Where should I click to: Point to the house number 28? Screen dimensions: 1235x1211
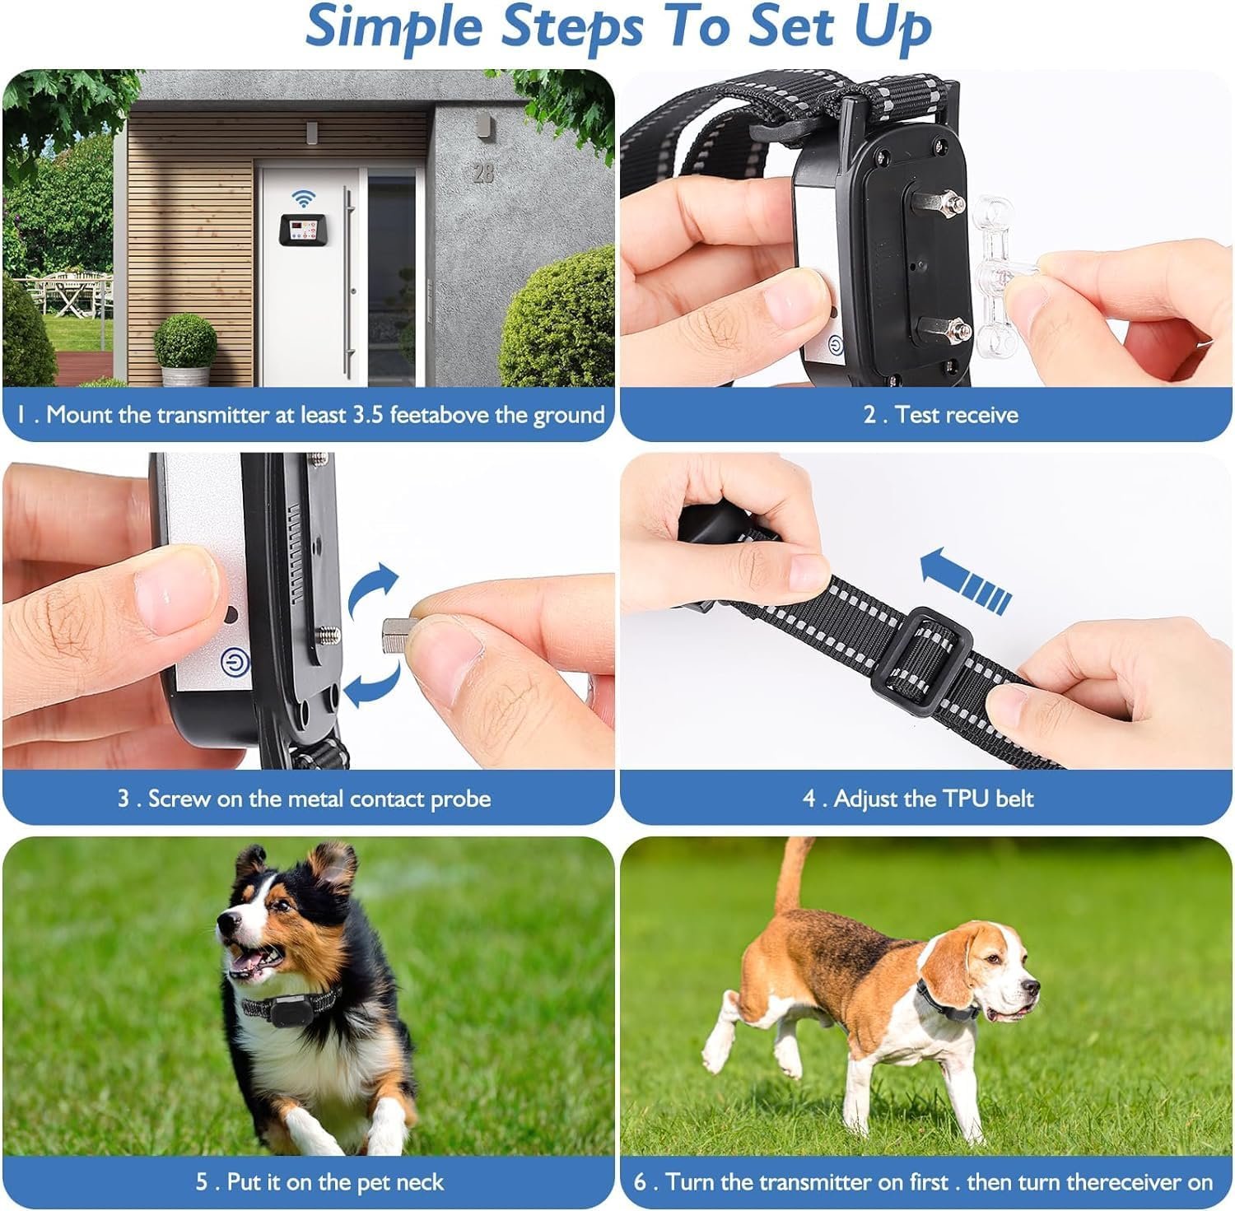(x=483, y=173)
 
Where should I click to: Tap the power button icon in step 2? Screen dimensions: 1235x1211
(x=835, y=347)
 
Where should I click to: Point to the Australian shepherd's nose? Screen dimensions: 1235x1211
(x=223, y=926)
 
